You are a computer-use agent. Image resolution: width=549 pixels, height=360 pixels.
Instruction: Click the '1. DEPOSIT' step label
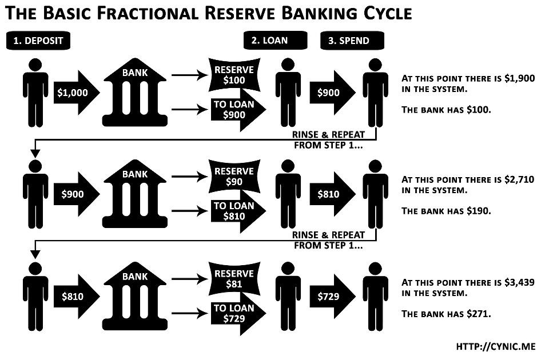[39, 41]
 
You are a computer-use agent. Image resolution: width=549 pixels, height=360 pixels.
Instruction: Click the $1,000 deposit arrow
[74, 93]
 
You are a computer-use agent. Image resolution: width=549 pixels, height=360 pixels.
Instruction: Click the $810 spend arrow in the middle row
[331, 194]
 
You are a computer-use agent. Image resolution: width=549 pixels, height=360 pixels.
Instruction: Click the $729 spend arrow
[331, 296]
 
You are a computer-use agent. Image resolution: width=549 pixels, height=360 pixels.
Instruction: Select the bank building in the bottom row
[135, 298]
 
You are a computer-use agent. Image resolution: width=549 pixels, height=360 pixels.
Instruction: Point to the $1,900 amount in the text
[520, 79]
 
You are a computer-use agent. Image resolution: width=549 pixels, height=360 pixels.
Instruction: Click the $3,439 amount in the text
[520, 282]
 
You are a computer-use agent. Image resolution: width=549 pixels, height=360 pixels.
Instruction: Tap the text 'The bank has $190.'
[446, 211]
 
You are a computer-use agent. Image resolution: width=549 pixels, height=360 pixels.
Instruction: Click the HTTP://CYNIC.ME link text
[495, 346]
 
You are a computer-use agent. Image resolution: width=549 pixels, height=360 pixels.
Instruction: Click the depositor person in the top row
[35, 93]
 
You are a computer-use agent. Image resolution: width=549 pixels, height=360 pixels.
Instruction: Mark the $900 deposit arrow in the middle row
[74, 194]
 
